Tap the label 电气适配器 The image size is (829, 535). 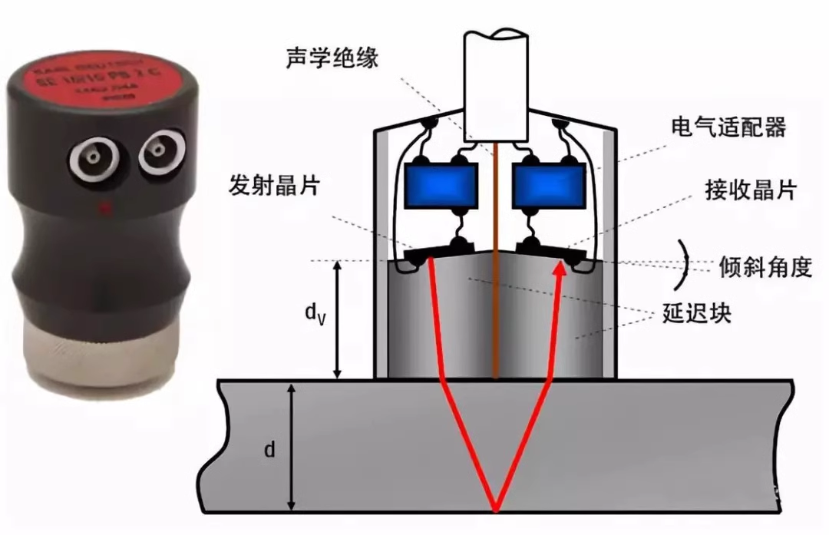click(x=728, y=127)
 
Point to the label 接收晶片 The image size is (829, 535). click(x=750, y=190)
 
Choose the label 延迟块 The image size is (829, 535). click(x=696, y=315)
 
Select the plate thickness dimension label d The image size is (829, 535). click(x=269, y=449)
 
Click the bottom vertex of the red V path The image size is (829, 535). click(x=496, y=509)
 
